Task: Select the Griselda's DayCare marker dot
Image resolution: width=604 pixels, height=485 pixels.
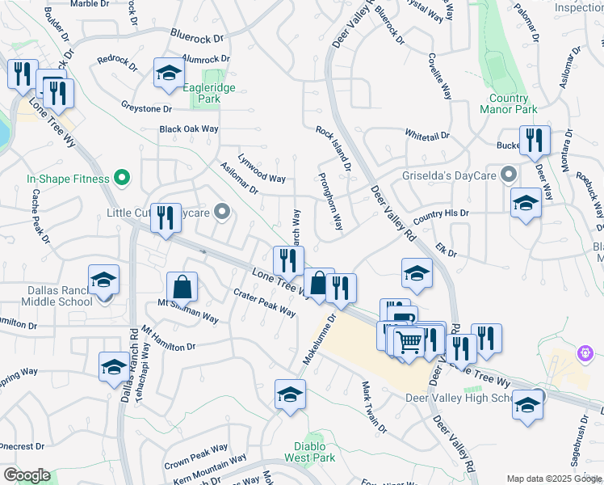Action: (509, 175)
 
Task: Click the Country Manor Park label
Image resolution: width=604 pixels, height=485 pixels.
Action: (509, 103)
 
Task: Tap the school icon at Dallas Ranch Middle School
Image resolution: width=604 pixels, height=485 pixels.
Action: (104, 280)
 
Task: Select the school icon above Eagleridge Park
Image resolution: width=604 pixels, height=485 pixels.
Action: (170, 73)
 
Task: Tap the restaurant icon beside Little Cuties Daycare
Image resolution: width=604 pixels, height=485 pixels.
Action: (166, 217)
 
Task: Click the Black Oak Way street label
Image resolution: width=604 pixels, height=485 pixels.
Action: (189, 129)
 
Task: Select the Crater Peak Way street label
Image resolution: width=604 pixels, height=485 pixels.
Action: (264, 302)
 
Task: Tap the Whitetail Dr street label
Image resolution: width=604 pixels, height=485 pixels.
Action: (426, 135)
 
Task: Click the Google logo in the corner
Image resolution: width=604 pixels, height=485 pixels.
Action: (27, 475)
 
